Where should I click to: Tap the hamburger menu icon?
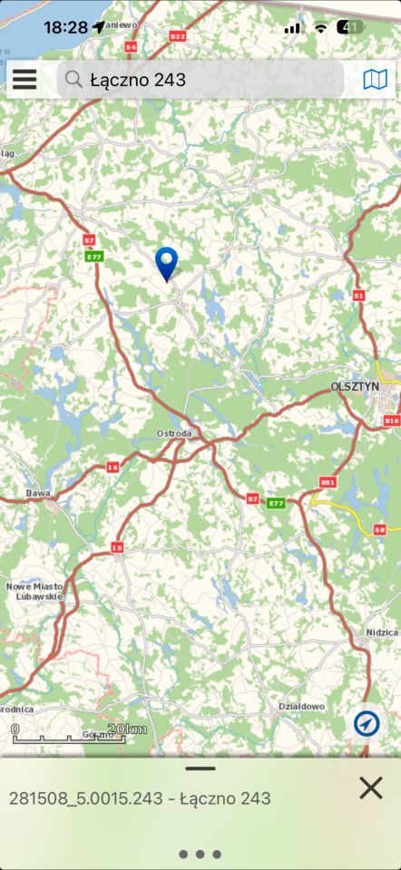(x=24, y=80)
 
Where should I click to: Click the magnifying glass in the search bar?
(x=74, y=80)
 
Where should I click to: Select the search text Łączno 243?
(x=138, y=80)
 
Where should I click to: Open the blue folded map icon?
(x=375, y=80)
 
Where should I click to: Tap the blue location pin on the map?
(x=167, y=263)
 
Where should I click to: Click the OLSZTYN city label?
(x=355, y=385)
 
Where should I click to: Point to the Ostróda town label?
(x=174, y=433)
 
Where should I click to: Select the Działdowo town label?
(x=300, y=706)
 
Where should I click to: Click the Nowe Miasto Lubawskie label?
(x=34, y=592)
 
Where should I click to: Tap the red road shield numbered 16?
(x=112, y=467)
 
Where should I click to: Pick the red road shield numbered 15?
(x=117, y=547)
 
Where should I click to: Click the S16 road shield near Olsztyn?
(x=391, y=421)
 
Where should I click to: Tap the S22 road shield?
(x=177, y=36)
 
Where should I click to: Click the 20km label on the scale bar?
(x=126, y=730)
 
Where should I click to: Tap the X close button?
(x=370, y=788)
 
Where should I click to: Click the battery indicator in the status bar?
(x=350, y=27)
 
